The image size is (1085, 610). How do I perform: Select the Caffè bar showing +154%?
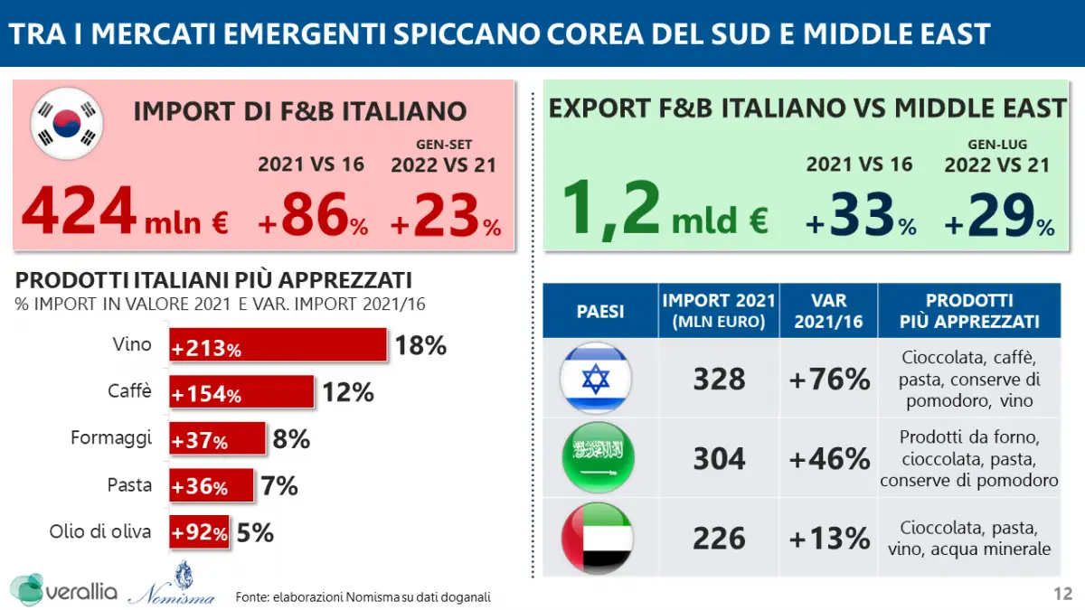(242, 393)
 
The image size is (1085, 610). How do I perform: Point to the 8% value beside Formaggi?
(291, 440)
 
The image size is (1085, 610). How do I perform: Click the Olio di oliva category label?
(100, 532)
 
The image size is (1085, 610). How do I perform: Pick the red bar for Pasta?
(212, 486)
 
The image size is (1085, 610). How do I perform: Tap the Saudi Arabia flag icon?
(597, 458)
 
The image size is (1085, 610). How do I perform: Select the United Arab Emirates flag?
(597, 539)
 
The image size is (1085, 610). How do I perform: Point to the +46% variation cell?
(829, 459)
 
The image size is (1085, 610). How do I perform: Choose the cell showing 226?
(720, 540)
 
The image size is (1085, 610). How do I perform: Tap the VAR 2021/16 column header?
(829, 311)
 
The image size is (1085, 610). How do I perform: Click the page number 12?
(1063, 594)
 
